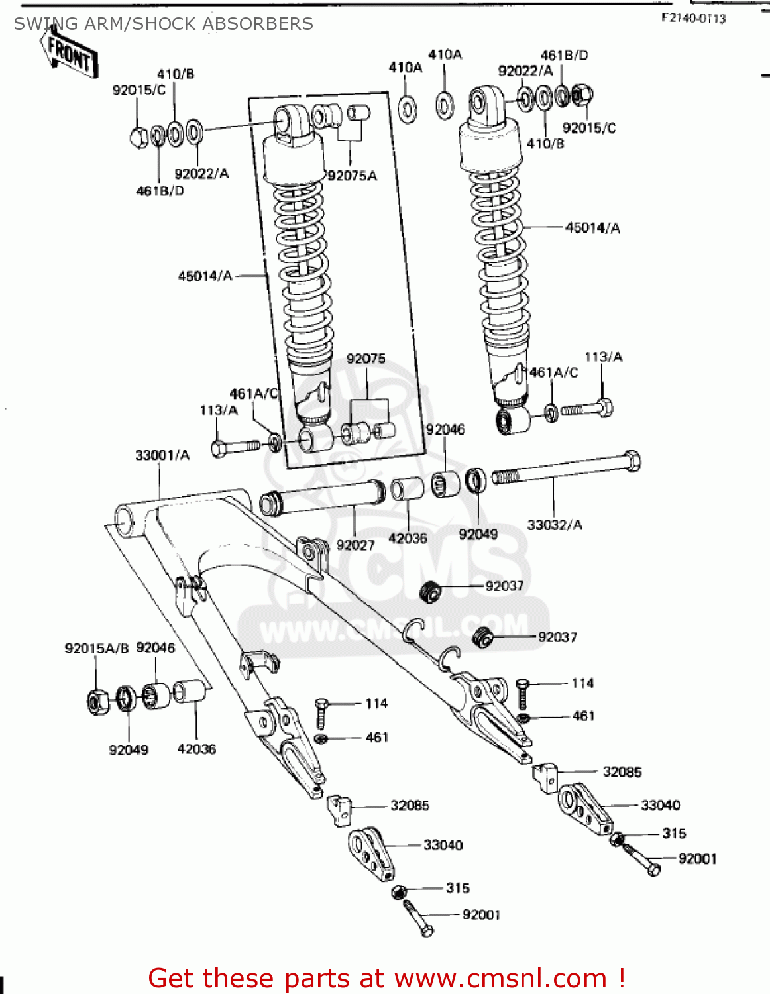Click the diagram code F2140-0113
tap(693, 19)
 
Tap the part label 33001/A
tap(162, 455)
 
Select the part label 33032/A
tap(555, 525)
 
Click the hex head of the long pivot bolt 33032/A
tap(632, 460)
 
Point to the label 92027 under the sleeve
tap(355, 545)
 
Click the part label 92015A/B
tap(96, 648)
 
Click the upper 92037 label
tap(504, 586)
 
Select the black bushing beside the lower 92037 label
tap(483, 637)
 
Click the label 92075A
tap(352, 176)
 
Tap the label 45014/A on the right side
tap(592, 228)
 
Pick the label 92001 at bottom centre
tap(481, 914)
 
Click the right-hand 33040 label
tap(660, 805)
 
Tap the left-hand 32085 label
tap(410, 805)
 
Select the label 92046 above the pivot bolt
tap(445, 429)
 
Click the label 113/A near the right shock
tap(603, 357)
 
